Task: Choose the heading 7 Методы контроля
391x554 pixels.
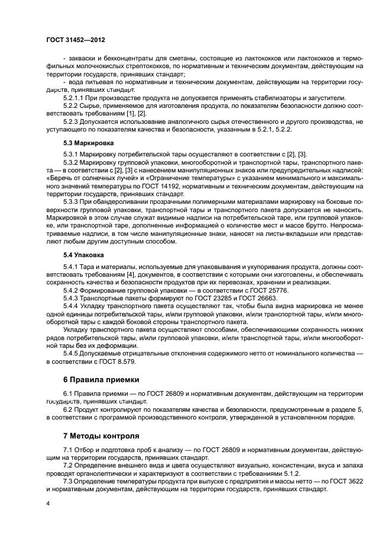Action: [x=101, y=435]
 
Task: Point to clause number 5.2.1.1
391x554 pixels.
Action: [x=75, y=98]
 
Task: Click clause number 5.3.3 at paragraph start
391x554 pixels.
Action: [x=71, y=202]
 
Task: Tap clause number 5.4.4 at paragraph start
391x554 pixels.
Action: [x=71, y=306]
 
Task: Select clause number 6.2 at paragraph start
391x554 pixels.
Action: [x=68, y=409]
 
